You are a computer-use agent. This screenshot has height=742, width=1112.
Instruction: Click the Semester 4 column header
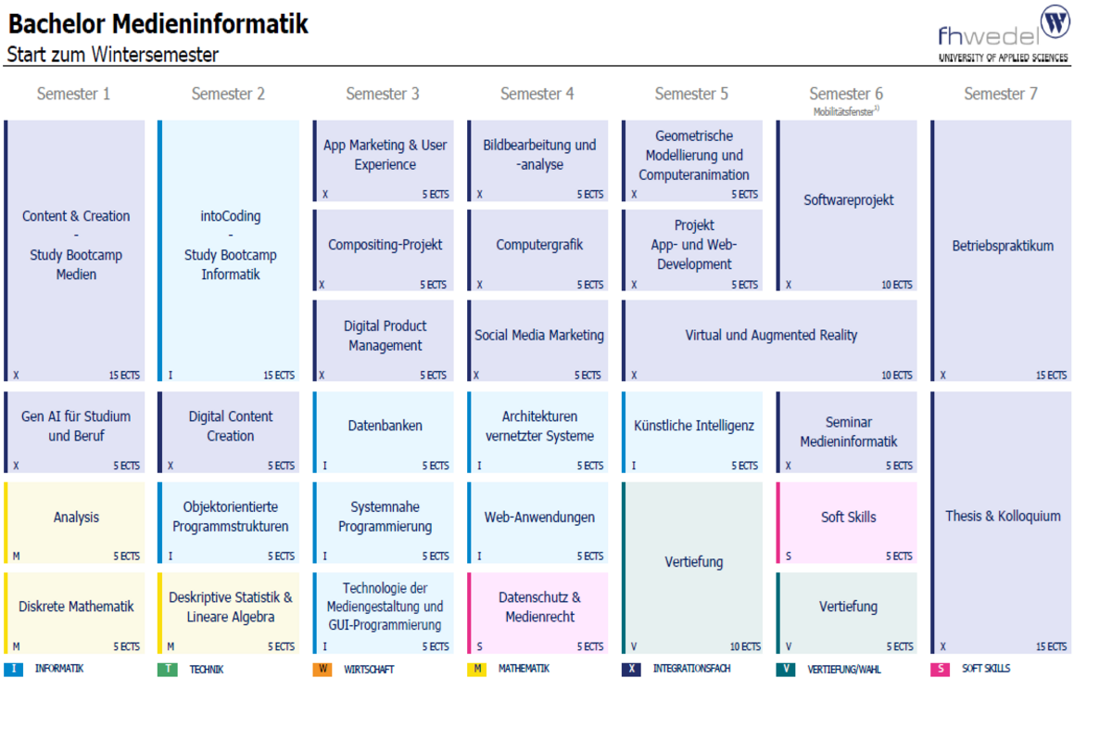pos(537,94)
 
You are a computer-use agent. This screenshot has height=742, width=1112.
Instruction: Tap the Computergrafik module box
pos(538,246)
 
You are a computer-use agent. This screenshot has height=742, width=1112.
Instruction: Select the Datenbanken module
pos(385,426)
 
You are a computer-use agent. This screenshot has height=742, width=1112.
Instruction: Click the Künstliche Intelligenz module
pos(693,426)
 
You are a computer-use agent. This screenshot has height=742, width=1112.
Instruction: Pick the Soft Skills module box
pos(848,518)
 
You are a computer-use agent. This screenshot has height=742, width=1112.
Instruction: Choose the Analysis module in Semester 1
pos(76,518)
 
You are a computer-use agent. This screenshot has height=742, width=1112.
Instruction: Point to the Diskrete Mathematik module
pos(76,607)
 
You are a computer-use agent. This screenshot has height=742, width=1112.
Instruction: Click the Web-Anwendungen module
pos(538,518)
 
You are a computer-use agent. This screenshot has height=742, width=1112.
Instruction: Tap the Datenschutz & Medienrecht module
pos(538,608)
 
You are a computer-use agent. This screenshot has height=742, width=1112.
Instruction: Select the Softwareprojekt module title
pos(848,200)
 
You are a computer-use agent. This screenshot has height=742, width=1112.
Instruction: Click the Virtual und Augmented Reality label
pos(771,336)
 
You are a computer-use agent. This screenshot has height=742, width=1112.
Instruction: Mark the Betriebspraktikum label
pos(1003,247)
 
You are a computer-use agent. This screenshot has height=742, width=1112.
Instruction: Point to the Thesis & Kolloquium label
pos(1003,517)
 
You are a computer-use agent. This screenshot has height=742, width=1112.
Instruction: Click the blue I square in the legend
pos(13,669)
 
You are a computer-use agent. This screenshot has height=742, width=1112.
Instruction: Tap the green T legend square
pos(168,669)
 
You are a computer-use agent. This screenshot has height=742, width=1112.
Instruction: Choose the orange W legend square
pos(322,669)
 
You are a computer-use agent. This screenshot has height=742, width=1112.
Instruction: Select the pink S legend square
pos(940,669)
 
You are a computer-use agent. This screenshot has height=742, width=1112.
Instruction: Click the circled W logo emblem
pos(1055,21)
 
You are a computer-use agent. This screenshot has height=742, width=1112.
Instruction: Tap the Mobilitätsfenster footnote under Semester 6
pos(846,111)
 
